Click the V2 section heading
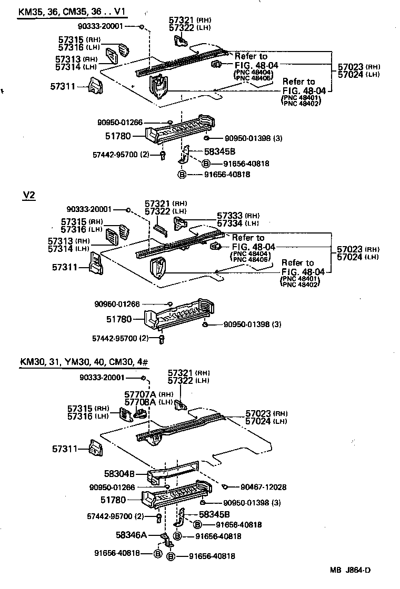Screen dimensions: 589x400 tap(29, 195)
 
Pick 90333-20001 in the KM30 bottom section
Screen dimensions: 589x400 tap(109, 378)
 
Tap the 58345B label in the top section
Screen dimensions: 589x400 tap(205, 151)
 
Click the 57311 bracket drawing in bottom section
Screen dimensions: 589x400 tap(94, 449)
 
